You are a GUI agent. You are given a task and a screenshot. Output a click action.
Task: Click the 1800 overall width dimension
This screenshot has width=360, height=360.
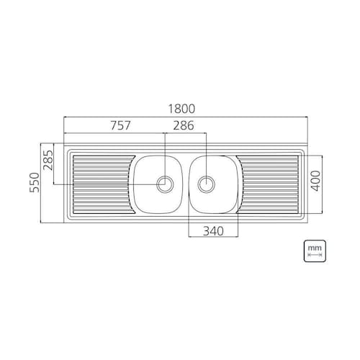coord(181,109)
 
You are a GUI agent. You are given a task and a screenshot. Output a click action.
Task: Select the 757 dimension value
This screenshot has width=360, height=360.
coord(120,125)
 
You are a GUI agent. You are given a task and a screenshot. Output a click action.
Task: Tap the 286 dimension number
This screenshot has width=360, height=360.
coord(184,125)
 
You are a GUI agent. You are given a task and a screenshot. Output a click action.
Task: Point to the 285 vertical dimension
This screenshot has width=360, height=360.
coord(48,160)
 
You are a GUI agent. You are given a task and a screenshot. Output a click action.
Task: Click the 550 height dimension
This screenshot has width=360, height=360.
coord(35,182)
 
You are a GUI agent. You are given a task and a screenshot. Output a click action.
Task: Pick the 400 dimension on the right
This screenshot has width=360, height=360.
coord(316,181)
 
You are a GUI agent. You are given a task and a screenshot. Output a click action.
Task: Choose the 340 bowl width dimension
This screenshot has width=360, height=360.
coord(213,231)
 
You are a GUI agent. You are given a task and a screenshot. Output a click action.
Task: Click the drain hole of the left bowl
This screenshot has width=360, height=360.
coord(165,184)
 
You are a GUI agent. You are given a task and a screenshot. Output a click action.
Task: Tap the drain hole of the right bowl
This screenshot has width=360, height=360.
coord(207,184)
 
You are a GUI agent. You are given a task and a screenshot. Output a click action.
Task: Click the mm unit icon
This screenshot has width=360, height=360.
coord(315,251)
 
